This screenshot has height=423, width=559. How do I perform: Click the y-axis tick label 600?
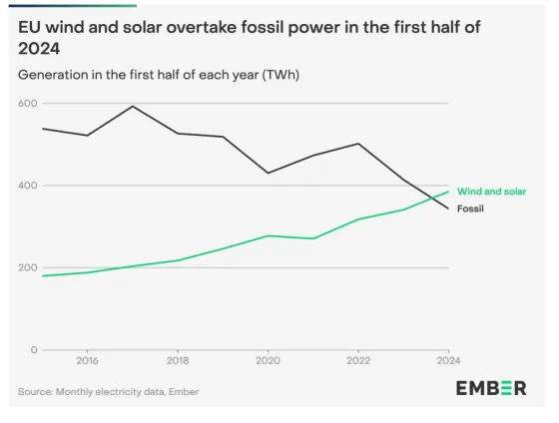tap(27, 104)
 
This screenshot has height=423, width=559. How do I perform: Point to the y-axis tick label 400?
tap(27, 186)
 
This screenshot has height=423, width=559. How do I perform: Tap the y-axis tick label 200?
tap(27, 267)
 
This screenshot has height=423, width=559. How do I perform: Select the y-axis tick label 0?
tap(33, 350)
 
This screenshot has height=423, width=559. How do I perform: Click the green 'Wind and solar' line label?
tap(491, 191)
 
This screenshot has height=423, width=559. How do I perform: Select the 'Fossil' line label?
tap(470, 209)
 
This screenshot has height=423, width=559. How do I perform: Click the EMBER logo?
tap(491, 388)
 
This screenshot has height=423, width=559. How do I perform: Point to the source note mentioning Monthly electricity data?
tap(108, 392)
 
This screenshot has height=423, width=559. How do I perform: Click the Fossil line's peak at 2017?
tap(132, 106)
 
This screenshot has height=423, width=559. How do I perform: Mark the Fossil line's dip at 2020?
tap(268, 174)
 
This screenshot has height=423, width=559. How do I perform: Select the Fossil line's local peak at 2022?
tap(358, 144)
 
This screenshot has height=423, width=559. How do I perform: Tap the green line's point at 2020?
tap(268, 235)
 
